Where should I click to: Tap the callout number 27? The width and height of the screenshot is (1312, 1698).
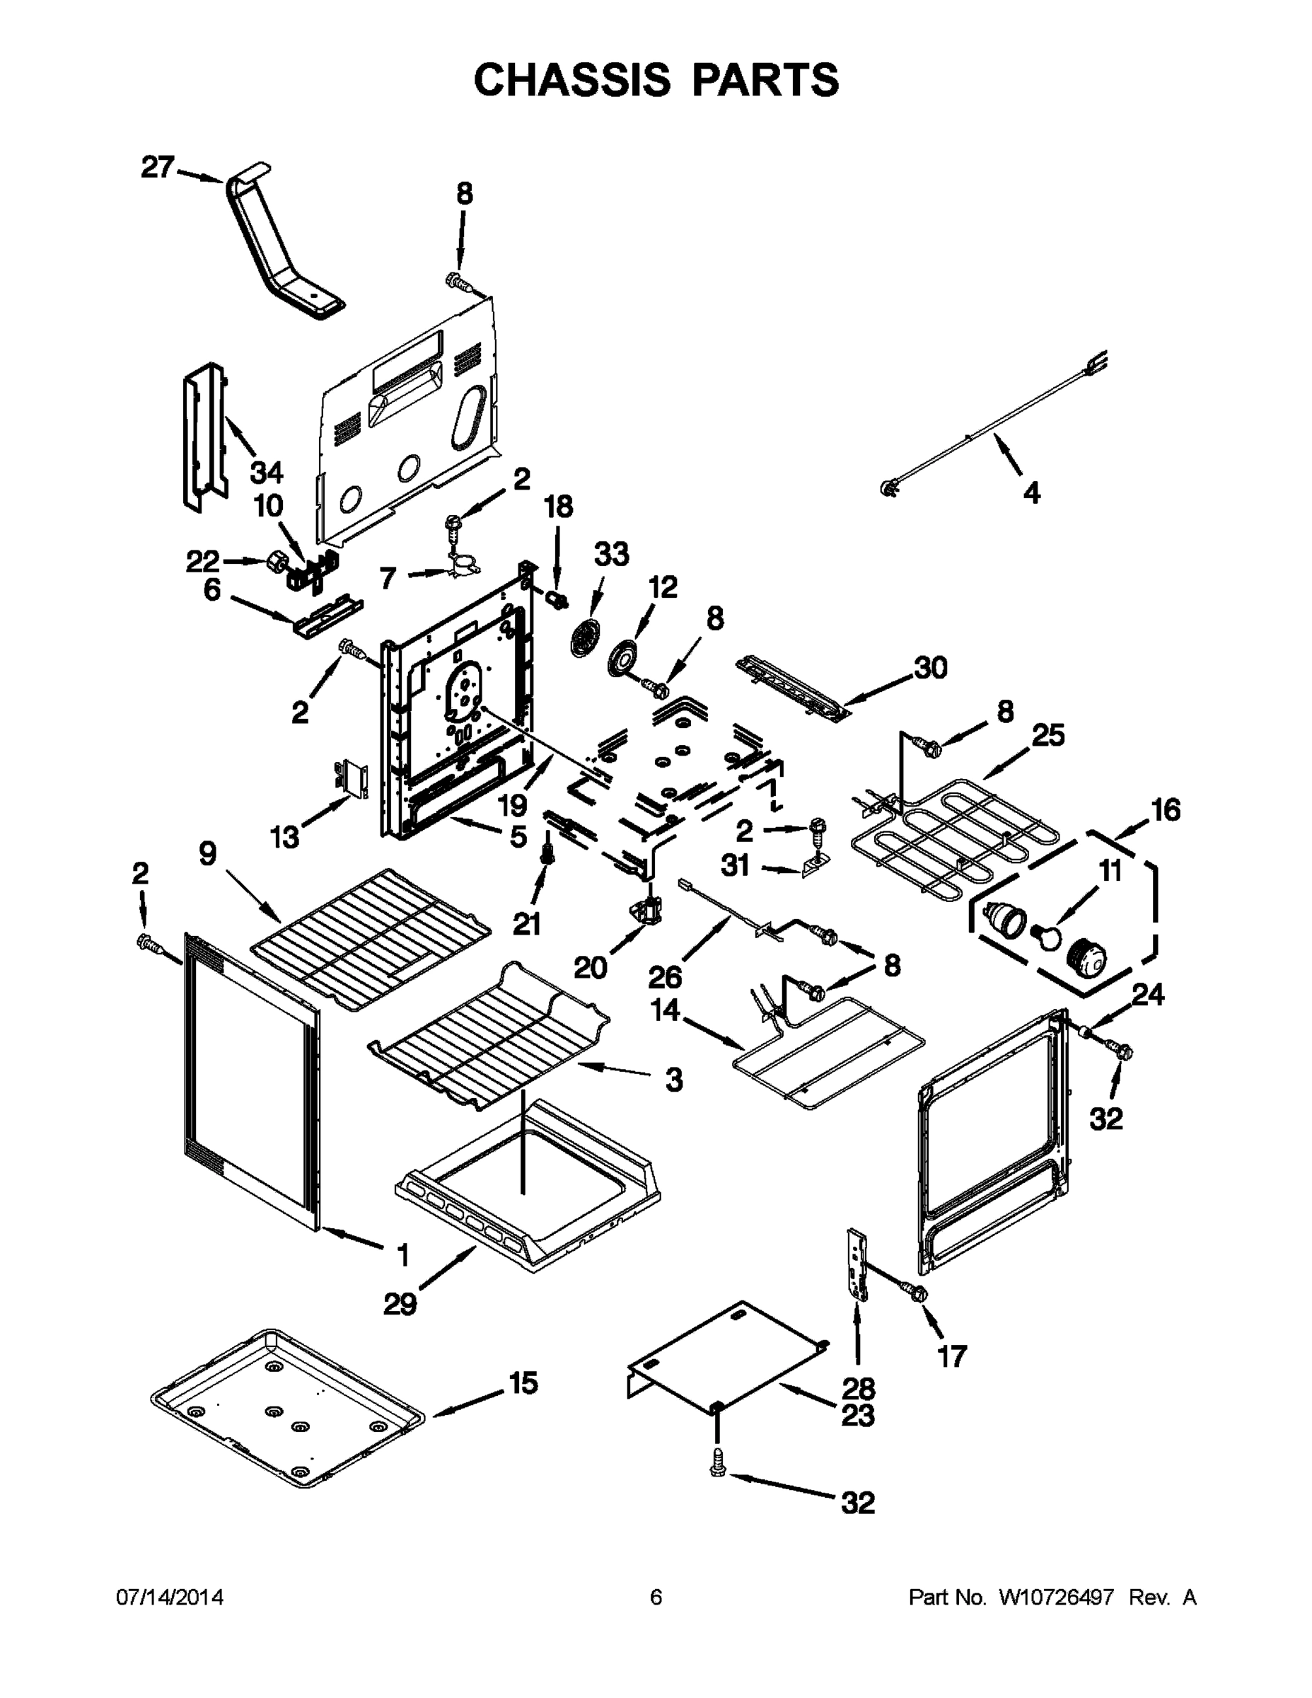pos(157,166)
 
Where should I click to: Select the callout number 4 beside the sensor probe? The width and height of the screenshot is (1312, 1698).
pos(1031,492)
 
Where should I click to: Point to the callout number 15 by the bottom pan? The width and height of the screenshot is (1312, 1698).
pos(523,1383)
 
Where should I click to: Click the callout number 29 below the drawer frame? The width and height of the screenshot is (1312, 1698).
pos(400,1304)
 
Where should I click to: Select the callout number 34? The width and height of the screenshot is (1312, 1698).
pos(267,472)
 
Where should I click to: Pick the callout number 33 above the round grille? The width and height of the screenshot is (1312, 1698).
pos(611,555)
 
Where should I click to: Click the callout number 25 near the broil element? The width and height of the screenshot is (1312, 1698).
pos(1047,734)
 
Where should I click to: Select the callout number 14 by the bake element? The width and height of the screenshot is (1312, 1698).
pos(666,1011)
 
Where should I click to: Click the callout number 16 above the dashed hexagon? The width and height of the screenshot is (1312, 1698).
pos(1166,809)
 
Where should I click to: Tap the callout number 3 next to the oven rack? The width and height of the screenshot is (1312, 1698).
pos(674,1079)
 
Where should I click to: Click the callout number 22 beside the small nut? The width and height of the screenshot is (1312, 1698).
pos(202,560)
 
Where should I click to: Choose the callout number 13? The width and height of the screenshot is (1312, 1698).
pos(284,838)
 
